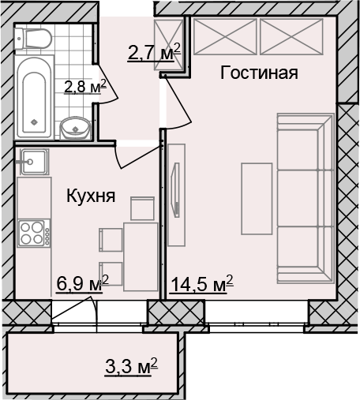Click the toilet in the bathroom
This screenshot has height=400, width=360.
tap(33, 39)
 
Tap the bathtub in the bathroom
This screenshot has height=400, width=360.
tap(34, 96)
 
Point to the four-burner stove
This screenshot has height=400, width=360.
tap(34, 234)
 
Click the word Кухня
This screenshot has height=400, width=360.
tap(91, 196)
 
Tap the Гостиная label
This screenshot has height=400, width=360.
tap(259, 73)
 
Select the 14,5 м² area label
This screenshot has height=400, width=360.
tap(202, 284)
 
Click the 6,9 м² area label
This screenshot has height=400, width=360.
tap(83, 284)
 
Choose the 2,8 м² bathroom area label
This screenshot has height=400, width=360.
tap(85, 87)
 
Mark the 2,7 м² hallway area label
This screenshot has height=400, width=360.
tap(154, 52)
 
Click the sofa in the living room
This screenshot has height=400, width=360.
tap(306, 199)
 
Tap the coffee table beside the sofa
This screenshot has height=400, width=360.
tap(257, 199)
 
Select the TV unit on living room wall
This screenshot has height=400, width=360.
tap(176, 195)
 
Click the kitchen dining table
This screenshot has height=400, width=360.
tap(141, 256)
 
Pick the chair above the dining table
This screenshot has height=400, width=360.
tap(142, 208)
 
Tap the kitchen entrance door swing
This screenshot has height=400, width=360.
tap(137, 156)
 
